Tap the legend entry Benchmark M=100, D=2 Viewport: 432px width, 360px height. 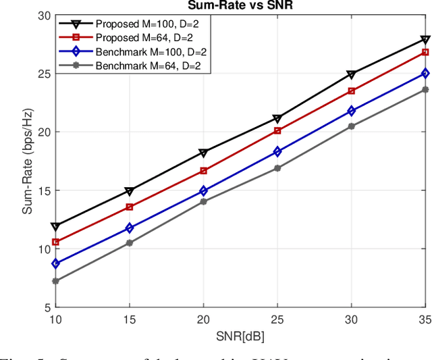click(x=146, y=52)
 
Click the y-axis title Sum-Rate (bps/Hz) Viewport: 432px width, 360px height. click(x=28, y=161)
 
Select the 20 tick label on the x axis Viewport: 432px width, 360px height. click(x=203, y=319)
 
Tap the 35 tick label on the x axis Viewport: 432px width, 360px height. click(x=424, y=319)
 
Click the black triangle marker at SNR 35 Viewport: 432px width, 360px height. click(x=425, y=40)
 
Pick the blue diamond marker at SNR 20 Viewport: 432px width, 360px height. click(x=203, y=191)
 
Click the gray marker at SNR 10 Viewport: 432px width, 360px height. click(x=56, y=281)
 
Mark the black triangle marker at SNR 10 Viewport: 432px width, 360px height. click(x=56, y=227)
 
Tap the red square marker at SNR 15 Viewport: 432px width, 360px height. click(x=130, y=207)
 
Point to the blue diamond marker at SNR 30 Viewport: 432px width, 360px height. click(x=351, y=111)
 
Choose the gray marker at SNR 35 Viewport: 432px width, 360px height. click(x=425, y=89)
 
